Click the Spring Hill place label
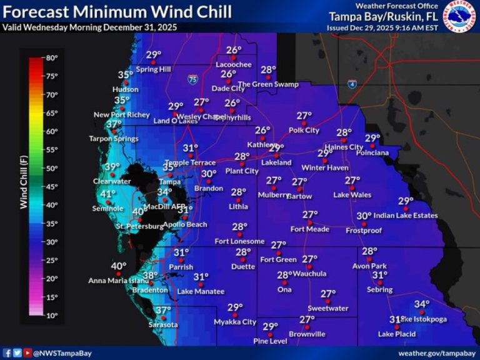153,69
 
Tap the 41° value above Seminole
108,194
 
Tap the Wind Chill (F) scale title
23,186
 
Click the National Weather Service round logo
459,16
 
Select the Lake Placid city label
396,334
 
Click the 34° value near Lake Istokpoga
422,304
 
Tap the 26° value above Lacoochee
234,50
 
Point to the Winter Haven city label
324,167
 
